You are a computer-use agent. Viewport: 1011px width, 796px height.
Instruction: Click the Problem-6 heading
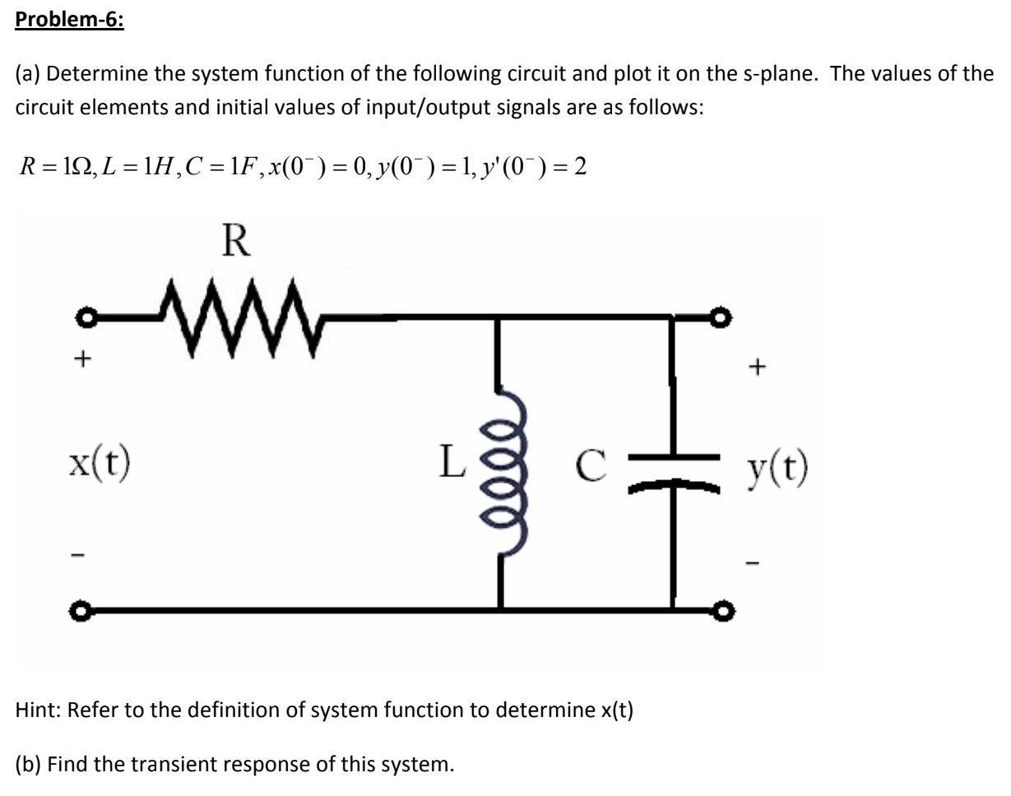coord(70,19)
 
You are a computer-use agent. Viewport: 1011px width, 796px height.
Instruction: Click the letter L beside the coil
coord(452,465)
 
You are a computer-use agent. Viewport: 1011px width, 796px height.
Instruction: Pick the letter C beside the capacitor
coord(589,466)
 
